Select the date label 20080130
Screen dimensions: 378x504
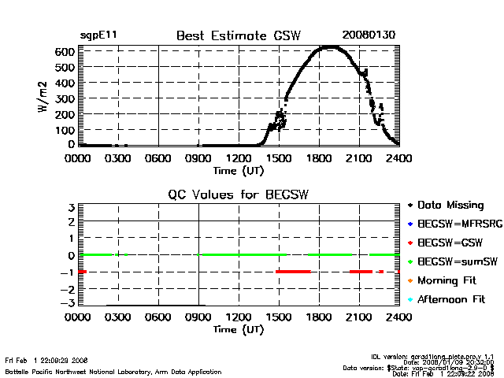pos(368,35)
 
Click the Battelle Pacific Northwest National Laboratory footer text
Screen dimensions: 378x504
pos(113,371)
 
